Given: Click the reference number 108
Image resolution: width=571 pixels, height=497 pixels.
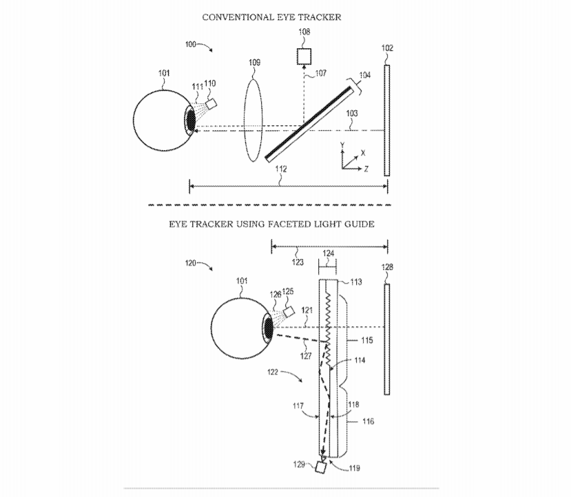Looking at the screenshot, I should pos(304,32).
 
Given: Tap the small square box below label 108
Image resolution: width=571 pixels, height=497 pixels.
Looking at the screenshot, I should pos(304,56).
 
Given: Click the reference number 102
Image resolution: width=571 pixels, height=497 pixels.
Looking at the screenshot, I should pos(387,48).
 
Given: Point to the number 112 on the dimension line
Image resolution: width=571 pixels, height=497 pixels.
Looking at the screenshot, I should pos(280,169).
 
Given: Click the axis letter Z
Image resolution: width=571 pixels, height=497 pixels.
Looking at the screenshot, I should pos(365,169).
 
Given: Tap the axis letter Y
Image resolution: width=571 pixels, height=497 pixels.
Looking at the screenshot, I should pos(342,145).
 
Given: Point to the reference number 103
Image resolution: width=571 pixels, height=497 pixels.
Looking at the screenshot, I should pos(351,112).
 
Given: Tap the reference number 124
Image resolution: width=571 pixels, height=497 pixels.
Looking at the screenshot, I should pos(327,253).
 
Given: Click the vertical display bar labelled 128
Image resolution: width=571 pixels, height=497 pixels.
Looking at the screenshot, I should pos(387,337).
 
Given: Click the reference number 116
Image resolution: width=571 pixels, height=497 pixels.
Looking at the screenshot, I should pos(368,421).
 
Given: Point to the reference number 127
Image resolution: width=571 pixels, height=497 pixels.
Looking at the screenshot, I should pos(306,356).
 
